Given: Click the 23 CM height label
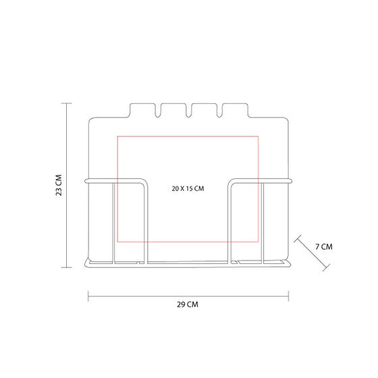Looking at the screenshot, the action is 59,185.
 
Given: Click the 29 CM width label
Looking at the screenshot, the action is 188,304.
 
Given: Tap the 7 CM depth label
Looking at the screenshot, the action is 324,246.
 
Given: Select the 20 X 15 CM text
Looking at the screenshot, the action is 188,188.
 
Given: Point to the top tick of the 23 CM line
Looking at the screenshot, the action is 66,103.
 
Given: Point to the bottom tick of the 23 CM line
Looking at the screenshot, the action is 66,267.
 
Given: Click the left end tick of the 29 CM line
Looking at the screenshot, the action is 88,296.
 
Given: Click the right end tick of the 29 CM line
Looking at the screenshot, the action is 289,296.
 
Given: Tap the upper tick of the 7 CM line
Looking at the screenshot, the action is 298,239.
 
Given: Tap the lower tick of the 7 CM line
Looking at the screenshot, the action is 326,267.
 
